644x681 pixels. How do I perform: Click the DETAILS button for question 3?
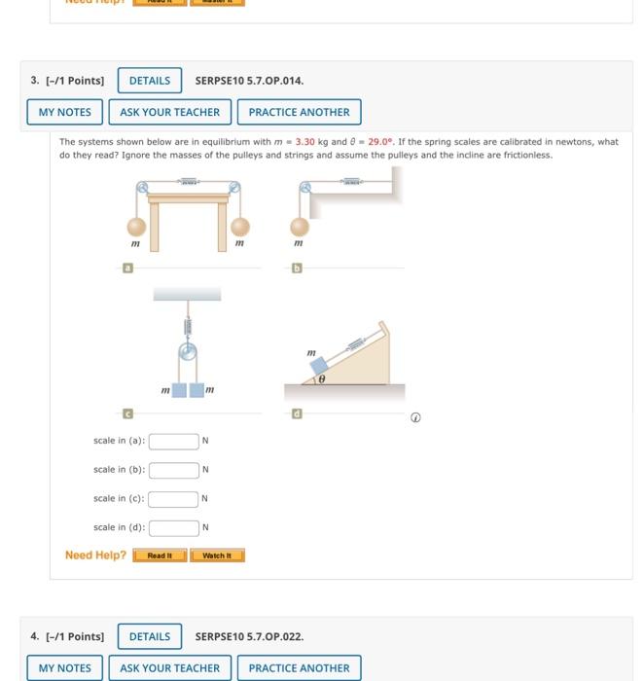click(x=150, y=81)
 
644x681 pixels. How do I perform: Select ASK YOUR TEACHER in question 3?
click(x=169, y=112)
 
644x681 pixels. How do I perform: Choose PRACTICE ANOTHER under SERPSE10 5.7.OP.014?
click(x=299, y=112)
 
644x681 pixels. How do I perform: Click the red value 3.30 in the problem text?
click(x=304, y=142)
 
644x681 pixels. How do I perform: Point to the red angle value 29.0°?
click(x=383, y=142)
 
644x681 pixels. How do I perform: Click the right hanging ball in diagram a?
click(x=239, y=228)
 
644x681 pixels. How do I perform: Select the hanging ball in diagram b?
click(x=299, y=228)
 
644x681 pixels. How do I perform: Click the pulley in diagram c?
click(x=188, y=351)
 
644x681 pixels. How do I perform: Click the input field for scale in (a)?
click(x=173, y=441)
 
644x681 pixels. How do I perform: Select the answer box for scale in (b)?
click(x=173, y=470)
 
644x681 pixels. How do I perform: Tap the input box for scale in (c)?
click(x=173, y=499)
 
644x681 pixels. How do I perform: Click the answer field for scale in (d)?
click(x=173, y=528)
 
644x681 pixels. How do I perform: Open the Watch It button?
click(x=217, y=556)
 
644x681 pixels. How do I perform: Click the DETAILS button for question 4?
click(x=150, y=636)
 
